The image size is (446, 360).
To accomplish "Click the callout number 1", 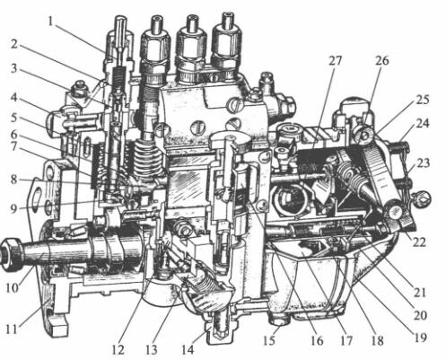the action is click(x=50, y=22).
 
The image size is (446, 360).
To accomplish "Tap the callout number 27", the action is click(x=336, y=61).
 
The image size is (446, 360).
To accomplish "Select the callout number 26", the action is click(x=381, y=61).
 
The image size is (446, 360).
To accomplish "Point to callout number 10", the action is click(x=13, y=288).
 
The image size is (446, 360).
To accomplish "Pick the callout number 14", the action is click(x=188, y=349).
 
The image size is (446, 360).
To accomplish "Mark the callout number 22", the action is click(x=419, y=241).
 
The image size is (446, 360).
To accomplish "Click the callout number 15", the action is click(x=269, y=341).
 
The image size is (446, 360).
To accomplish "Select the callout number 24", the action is click(x=422, y=123).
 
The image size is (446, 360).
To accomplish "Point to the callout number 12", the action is click(x=118, y=349).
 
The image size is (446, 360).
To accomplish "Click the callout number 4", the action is click(x=14, y=98).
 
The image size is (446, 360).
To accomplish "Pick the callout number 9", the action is click(x=14, y=208).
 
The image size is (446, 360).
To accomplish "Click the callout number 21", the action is click(x=419, y=293).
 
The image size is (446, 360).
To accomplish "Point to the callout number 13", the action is click(x=152, y=349).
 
